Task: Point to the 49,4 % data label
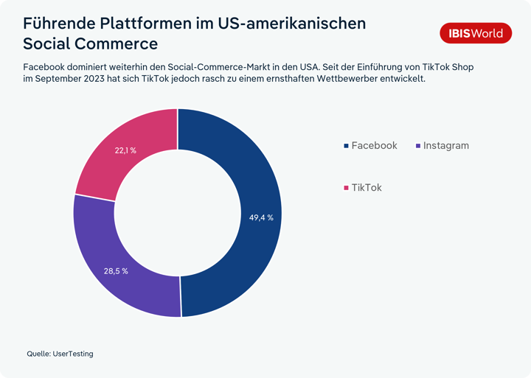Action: coord(261,217)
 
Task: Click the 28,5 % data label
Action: coord(116,271)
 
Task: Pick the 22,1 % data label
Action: coord(125,150)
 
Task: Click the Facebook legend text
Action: coord(374,145)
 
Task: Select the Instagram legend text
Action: coord(446,146)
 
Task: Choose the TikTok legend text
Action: coord(367,187)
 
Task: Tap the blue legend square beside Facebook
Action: coord(346,146)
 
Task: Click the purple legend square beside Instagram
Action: coord(418,146)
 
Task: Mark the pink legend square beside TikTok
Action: coord(346,188)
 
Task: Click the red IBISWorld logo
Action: coord(476,33)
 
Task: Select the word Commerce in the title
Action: coord(116,44)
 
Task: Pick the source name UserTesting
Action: coord(73,354)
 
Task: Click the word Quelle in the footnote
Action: coord(39,354)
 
